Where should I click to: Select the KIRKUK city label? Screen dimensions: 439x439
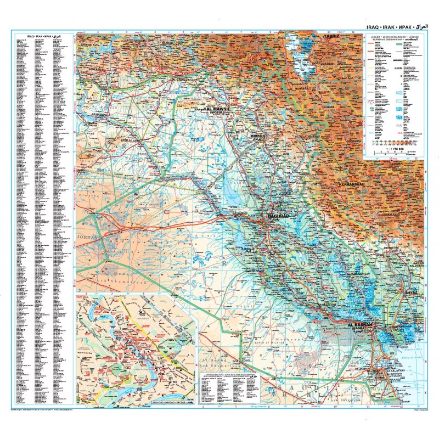tap(257, 135)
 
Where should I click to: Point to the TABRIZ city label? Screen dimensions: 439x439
tap(333, 36)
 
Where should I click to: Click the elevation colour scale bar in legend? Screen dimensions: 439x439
tap(392, 142)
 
